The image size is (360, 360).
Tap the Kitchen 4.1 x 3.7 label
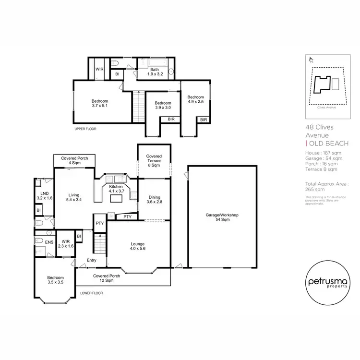[x=116, y=188]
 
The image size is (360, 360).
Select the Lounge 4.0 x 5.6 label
[x=137, y=247]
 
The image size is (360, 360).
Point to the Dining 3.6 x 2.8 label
[x=154, y=199]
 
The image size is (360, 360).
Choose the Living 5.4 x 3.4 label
[x=73, y=197]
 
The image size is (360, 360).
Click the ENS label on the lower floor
[x=48, y=243]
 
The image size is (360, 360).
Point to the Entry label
[x=91, y=261]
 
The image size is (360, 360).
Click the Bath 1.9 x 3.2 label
[x=155, y=72]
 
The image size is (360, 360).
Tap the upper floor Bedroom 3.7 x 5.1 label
[x=100, y=104]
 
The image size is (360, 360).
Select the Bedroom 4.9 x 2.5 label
[x=195, y=99]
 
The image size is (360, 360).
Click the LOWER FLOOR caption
[x=92, y=293]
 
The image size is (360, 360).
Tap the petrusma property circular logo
[x=326, y=282]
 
